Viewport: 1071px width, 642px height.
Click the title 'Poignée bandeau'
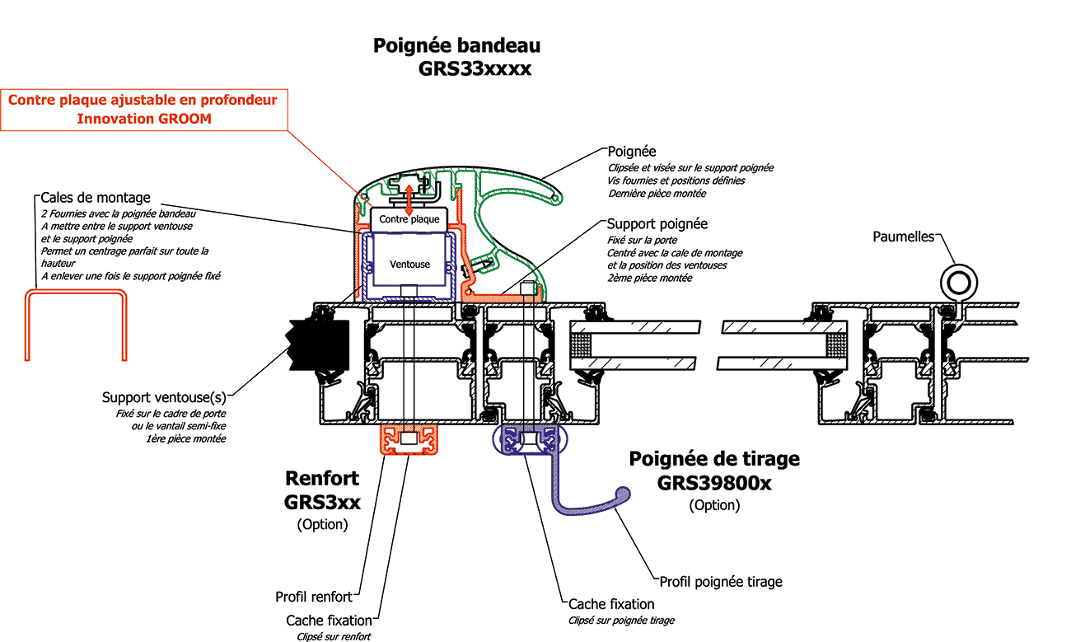click(457, 45)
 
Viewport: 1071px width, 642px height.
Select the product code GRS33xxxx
click(475, 69)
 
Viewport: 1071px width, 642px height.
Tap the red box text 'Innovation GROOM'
click(144, 119)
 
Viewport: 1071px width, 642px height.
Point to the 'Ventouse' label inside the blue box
click(409, 264)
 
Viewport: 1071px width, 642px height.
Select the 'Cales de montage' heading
click(96, 198)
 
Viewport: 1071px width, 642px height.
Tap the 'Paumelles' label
click(904, 237)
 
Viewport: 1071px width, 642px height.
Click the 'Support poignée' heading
click(657, 224)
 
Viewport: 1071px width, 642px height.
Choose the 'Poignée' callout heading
click(632, 152)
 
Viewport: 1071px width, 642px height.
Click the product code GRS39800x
click(714, 483)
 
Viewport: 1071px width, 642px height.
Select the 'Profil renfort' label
click(314, 597)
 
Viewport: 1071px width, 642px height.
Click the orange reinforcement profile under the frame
click(409, 441)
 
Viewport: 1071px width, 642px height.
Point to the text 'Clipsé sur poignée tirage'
click(621, 621)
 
